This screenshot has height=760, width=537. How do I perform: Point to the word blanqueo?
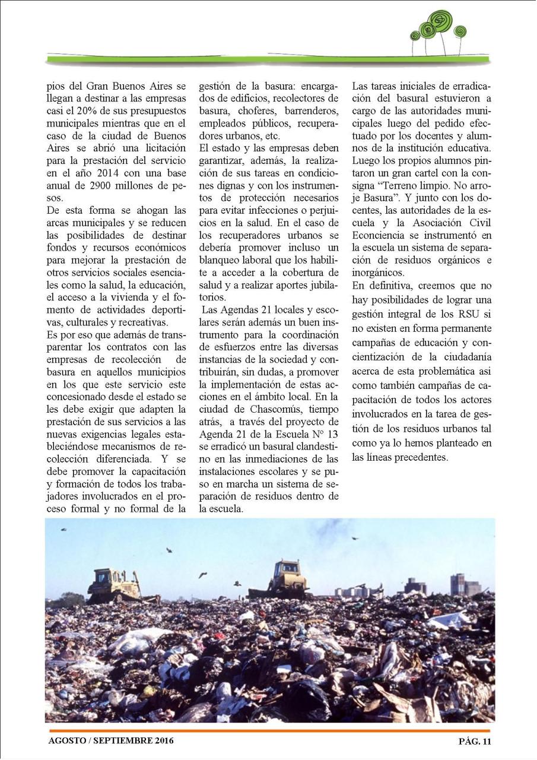224,260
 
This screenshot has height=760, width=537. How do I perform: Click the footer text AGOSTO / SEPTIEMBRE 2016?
112,740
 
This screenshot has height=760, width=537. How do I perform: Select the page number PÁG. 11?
475,740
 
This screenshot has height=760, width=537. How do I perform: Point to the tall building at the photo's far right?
458,584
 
